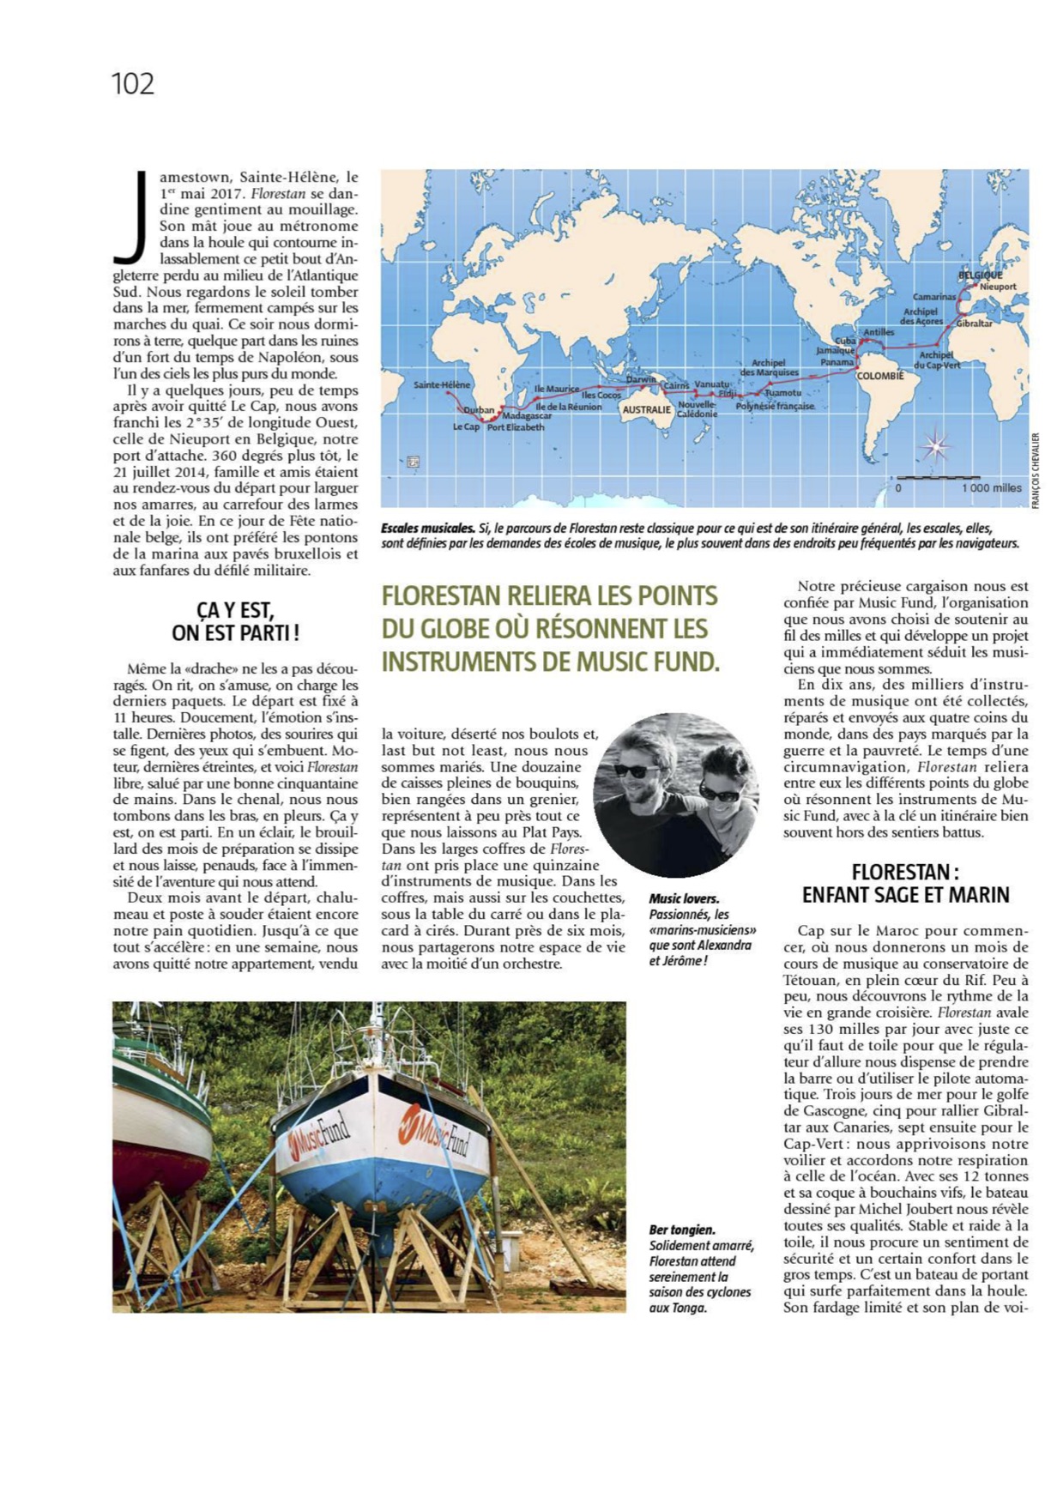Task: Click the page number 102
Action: coord(133,84)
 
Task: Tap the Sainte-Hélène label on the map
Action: coord(442,384)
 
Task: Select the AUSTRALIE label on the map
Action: coord(646,409)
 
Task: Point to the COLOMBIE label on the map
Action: coord(880,376)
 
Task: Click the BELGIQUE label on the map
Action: coord(980,275)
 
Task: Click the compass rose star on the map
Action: coord(935,445)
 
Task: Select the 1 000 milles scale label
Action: coord(991,487)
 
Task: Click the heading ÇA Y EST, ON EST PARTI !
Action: coord(235,621)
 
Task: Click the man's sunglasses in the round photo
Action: coord(637,770)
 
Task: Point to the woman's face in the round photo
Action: coord(719,782)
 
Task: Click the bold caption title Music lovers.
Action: coord(684,898)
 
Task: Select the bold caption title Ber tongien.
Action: coord(682,1230)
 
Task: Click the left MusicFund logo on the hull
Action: coord(319,1136)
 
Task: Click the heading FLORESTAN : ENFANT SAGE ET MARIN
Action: coord(905,883)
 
